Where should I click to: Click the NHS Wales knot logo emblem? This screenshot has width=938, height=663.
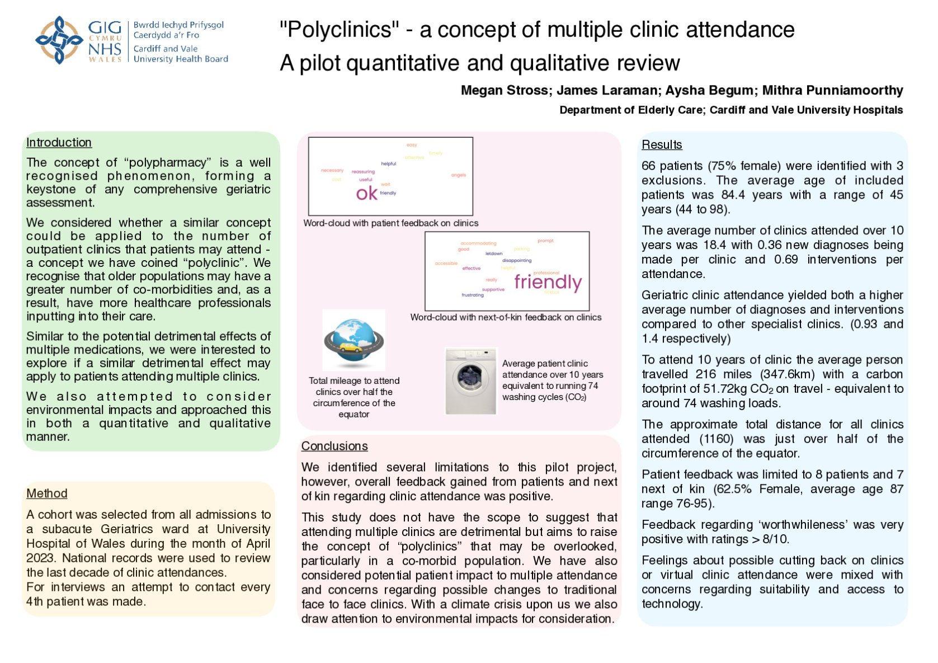pyautogui.click(x=59, y=40)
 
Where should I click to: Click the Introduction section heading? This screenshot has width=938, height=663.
pyautogui.click(x=59, y=143)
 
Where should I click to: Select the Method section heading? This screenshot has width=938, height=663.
pyautogui.click(x=46, y=493)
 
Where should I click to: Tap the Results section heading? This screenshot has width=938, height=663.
pyautogui.click(x=662, y=145)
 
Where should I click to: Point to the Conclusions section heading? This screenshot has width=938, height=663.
pyautogui.click(x=334, y=446)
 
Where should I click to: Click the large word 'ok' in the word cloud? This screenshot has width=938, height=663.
pyautogui.click(x=367, y=194)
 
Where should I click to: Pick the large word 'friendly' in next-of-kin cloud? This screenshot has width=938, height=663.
pyautogui.click(x=548, y=282)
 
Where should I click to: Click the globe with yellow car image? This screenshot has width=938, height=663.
pyautogui.click(x=353, y=340)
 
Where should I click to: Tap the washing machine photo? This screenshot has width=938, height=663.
pyautogui.click(x=470, y=381)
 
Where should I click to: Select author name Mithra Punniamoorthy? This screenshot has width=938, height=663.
pyautogui.click(x=832, y=91)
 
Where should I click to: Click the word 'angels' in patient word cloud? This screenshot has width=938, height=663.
pyautogui.click(x=458, y=175)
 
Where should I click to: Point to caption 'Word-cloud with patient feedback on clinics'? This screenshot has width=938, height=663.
pyautogui.click(x=390, y=223)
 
